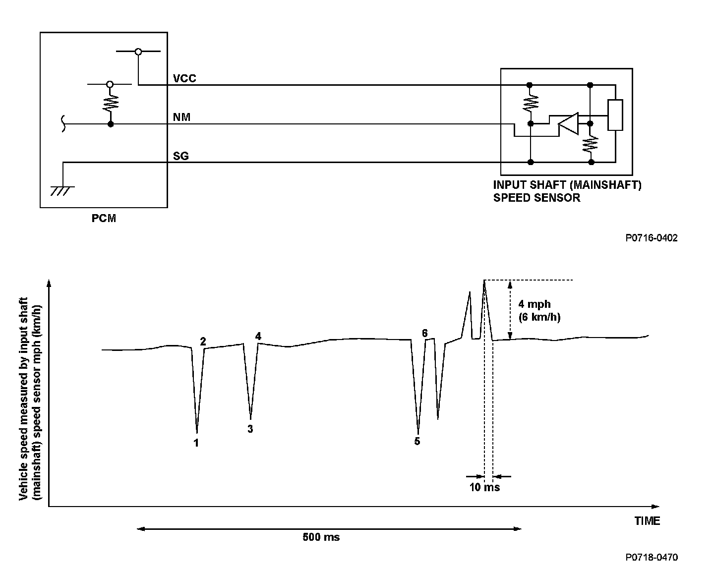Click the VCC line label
(184, 78)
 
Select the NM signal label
(181, 117)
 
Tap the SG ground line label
(180, 156)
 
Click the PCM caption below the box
(104, 218)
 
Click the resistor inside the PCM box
(110, 103)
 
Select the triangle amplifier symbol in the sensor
(568, 123)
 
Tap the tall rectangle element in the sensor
(615, 115)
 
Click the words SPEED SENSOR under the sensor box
(536, 198)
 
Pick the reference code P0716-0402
(651, 238)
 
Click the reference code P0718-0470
(651, 557)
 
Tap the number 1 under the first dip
(196, 443)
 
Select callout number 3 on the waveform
(250, 429)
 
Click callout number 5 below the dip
(417, 441)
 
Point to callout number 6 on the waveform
(425, 333)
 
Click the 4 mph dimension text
(535, 304)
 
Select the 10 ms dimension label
(484, 487)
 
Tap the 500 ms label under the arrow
(321, 537)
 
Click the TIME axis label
(647, 521)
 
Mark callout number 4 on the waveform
(258, 336)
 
